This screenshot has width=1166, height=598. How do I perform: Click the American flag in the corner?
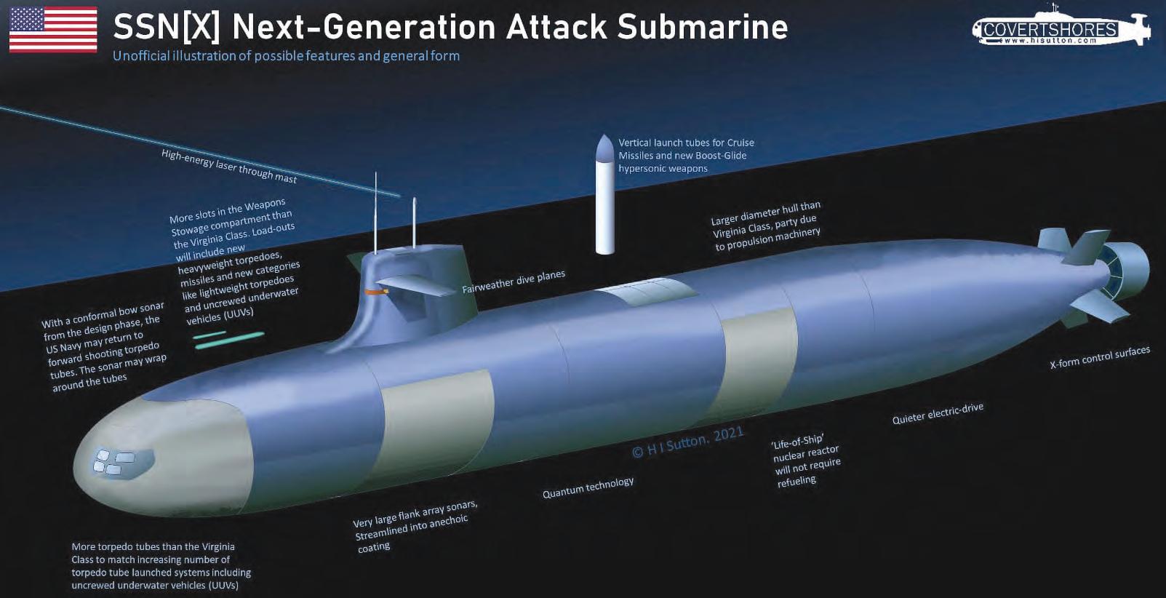click(x=53, y=30)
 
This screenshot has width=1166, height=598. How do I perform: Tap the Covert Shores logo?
click(x=1061, y=30)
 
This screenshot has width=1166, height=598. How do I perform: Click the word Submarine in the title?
click(x=702, y=27)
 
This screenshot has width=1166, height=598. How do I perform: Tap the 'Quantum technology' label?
click(x=588, y=487)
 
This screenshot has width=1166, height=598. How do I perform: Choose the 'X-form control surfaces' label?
click(x=1100, y=356)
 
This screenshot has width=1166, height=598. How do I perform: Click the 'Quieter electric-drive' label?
click(x=938, y=413)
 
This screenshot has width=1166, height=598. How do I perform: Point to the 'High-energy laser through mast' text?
click(x=229, y=166)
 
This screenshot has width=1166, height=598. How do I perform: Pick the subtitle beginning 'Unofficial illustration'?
click(x=286, y=56)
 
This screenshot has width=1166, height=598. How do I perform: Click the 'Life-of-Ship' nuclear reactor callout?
click(x=806, y=460)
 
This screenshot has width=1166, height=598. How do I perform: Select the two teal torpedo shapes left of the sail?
click(x=228, y=340)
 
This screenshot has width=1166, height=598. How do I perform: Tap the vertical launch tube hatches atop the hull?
click(x=644, y=291)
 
